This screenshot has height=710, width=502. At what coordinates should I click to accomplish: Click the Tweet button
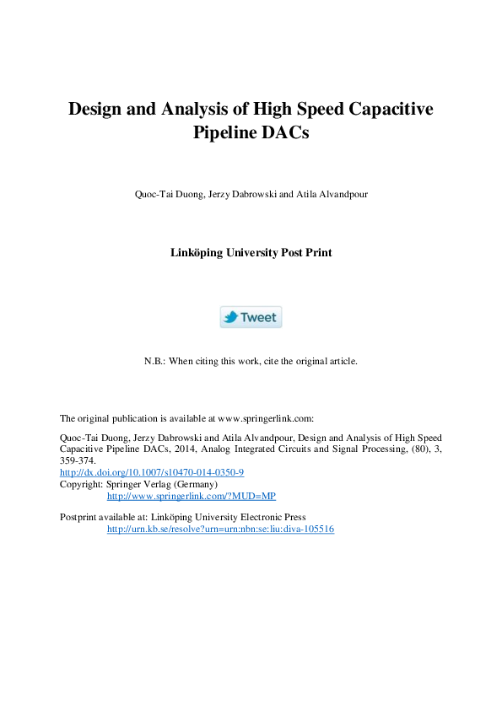click(x=251, y=317)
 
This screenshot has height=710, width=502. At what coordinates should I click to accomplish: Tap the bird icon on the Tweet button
click(x=230, y=317)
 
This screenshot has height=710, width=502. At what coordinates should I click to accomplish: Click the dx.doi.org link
click(x=152, y=473)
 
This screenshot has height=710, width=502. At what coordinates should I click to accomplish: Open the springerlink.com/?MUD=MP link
click(x=191, y=496)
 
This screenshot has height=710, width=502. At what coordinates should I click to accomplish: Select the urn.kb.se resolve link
click(x=220, y=529)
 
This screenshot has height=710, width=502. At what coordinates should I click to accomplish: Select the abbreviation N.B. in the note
click(x=154, y=361)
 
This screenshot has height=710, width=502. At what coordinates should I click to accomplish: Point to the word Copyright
click(x=79, y=485)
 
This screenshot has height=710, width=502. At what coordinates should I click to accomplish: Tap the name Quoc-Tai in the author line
click(x=153, y=194)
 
